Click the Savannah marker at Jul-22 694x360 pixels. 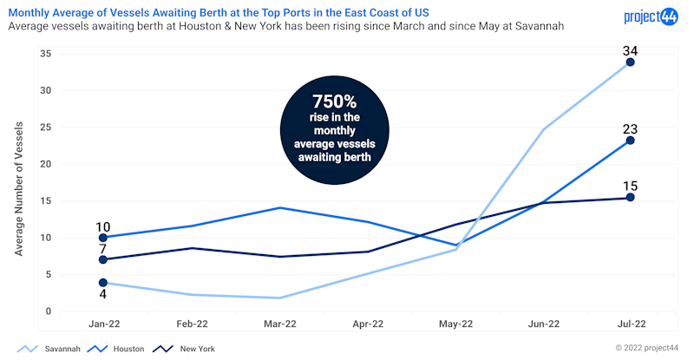630,62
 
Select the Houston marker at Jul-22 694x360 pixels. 630,141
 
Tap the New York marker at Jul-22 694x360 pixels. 630,198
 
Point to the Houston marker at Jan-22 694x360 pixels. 104,238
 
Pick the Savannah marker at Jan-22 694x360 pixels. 104,283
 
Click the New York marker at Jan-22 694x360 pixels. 104,259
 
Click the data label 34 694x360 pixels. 631,49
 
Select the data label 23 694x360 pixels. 631,128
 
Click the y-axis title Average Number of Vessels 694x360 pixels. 19,187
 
